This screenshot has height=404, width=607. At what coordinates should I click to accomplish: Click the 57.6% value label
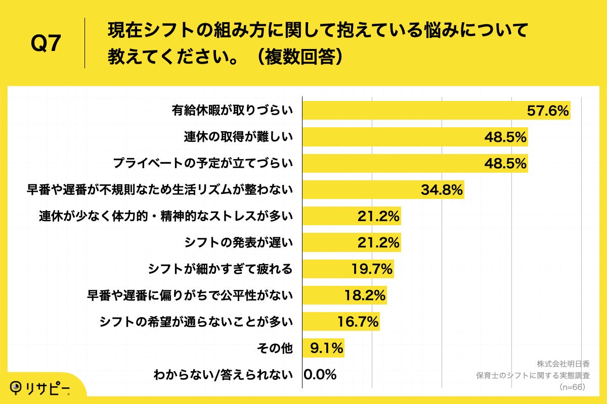pyautogui.click(x=548, y=111)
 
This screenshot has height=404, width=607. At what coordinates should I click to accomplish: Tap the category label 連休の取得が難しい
pyautogui.click(x=238, y=137)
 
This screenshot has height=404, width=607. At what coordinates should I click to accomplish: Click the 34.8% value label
pyautogui.click(x=442, y=190)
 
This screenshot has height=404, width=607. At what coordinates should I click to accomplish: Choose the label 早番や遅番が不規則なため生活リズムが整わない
pyautogui.click(x=159, y=190)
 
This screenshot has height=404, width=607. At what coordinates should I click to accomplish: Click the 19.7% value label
pyautogui.click(x=372, y=269)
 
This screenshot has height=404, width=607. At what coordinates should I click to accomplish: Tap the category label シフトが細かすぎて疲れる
pyautogui.click(x=220, y=269)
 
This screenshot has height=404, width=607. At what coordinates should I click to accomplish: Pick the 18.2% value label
pyautogui.click(x=365, y=295)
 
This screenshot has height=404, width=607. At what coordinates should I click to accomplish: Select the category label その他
pyautogui.click(x=275, y=348)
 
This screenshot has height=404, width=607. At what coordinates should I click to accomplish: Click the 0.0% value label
pyautogui.click(x=320, y=375)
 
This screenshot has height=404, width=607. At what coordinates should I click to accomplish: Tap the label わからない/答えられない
pyautogui.click(x=223, y=375)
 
